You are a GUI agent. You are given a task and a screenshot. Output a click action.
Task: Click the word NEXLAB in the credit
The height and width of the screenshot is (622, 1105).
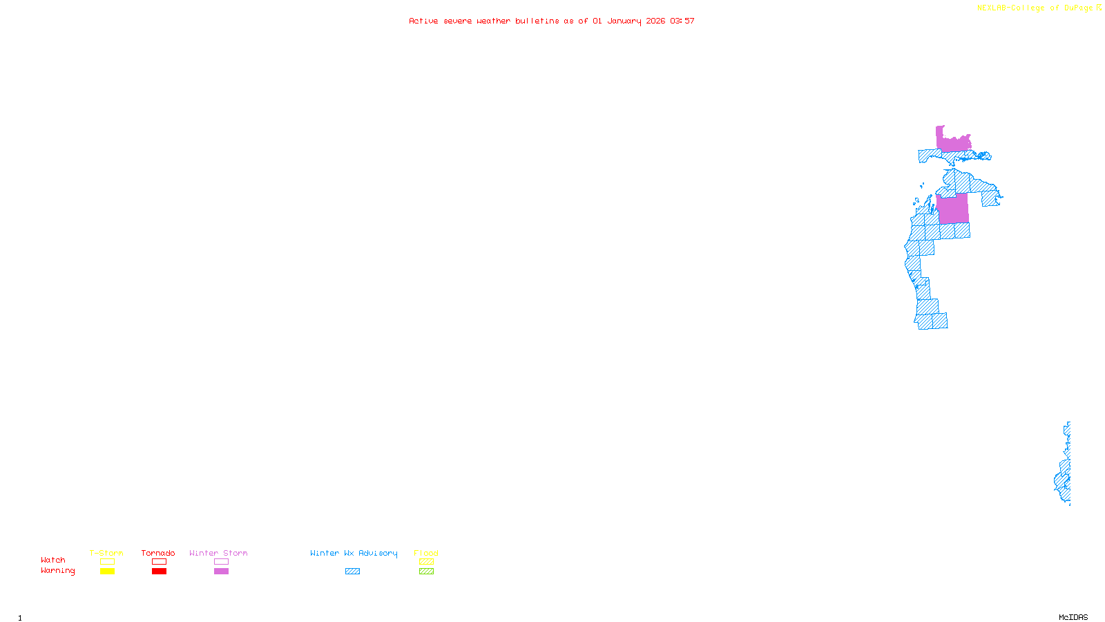click(x=991, y=8)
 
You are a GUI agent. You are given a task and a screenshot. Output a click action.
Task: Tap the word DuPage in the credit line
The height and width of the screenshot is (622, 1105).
click(x=1078, y=8)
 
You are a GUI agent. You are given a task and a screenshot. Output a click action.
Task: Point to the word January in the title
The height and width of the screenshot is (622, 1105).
click(x=624, y=21)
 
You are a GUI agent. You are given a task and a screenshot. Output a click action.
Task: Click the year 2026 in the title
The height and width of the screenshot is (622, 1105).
click(x=655, y=21)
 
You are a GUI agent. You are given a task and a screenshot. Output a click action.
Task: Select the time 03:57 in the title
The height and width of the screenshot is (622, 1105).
click(x=682, y=21)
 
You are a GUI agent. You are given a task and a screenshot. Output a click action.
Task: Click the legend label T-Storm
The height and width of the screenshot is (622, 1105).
click(x=106, y=554)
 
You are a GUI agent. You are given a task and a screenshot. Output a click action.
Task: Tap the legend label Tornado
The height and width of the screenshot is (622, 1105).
click(x=158, y=554)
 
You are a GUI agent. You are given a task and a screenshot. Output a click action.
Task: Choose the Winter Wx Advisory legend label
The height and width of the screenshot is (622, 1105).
click(x=354, y=554)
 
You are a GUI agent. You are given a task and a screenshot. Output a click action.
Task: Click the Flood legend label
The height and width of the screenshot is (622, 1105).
click(x=426, y=554)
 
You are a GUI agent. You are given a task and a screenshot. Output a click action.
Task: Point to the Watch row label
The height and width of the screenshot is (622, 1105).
click(x=53, y=560)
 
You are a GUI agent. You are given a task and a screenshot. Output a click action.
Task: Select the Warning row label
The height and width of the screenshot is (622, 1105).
click(x=57, y=571)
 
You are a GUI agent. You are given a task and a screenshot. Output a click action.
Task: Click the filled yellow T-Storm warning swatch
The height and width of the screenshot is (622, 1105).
click(x=107, y=572)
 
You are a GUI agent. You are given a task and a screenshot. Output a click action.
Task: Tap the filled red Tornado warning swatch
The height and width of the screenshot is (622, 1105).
click(x=159, y=572)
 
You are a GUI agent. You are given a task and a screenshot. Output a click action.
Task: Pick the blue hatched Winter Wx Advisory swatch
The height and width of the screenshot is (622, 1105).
click(x=352, y=572)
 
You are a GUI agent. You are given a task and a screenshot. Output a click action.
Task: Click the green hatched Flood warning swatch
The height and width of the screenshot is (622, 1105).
click(x=426, y=572)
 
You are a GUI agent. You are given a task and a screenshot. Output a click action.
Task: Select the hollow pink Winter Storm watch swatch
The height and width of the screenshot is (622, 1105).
click(x=221, y=562)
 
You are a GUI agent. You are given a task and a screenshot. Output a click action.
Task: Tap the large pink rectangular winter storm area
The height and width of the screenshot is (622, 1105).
click(x=953, y=209)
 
